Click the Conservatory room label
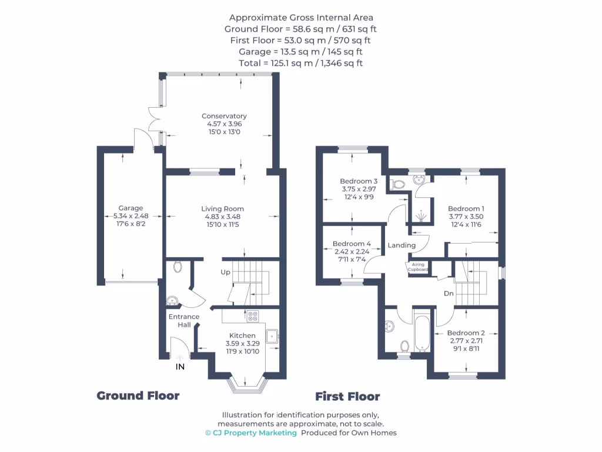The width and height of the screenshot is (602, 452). [223, 116]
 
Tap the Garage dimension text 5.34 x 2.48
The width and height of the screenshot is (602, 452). [131, 217]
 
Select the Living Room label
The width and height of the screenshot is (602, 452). [222, 209]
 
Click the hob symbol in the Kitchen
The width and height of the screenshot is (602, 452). [253, 316]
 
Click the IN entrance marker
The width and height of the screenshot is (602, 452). [180, 367]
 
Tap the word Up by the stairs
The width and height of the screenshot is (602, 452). [226, 272]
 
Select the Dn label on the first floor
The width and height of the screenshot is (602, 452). [449, 293]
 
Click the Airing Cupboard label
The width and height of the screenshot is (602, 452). [418, 267]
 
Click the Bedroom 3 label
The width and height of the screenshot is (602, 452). [359, 181]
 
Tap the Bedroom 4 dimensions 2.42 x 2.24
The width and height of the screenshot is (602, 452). [352, 252]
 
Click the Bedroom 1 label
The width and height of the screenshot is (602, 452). [466, 208]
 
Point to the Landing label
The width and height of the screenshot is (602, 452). [402, 245]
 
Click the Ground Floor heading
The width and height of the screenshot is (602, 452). [138, 395]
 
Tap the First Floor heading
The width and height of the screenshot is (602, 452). [347, 396]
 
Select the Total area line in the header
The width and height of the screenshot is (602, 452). [300, 63]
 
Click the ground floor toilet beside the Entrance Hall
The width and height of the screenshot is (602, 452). [178, 267]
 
